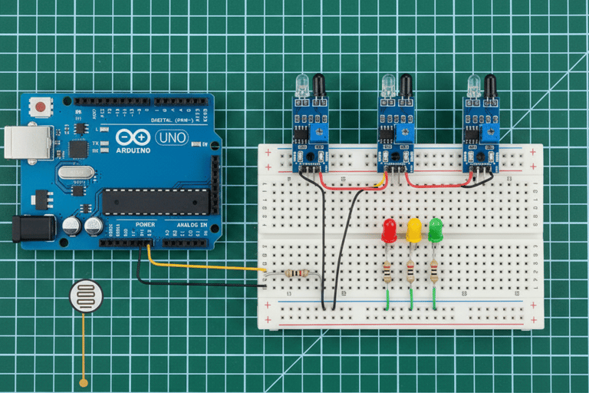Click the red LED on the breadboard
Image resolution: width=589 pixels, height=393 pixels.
[x=389, y=229]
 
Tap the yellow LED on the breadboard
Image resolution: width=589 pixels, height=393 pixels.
[x=414, y=229]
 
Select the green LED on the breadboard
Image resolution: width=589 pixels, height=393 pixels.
[x=436, y=229]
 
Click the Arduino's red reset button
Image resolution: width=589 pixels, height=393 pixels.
[x=37, y=107]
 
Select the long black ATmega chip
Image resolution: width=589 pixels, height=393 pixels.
[x=156, y=201]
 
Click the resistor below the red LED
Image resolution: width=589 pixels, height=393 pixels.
[x=387, y=271]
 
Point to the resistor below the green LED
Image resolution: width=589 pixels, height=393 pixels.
[x=434, y=271]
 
